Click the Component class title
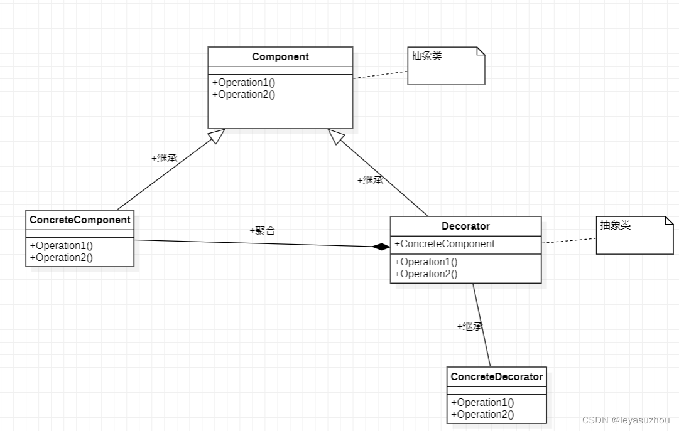coord(280,56)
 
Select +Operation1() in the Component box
coord(244,82)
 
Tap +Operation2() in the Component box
coord(244,94)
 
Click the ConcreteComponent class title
coord(80,220)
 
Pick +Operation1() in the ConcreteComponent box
coord(61,245)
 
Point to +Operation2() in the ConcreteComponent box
coord(61,257)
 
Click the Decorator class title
coord(465,226)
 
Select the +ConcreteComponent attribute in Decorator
coord(444,243)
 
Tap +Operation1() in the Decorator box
coord(426,262)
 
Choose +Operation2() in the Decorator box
coord(426,274)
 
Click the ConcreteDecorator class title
coord(496,376)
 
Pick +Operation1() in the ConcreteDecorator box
coord(482,402)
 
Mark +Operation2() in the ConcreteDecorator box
coord(482,414)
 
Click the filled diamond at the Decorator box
coord(381,247)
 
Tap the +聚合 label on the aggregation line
coord(262,231)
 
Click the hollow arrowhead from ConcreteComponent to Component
coord(217,136)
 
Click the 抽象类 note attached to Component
coord(446,66)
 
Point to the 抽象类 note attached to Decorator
coord(634,235)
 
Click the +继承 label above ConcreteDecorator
coord(469,326)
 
